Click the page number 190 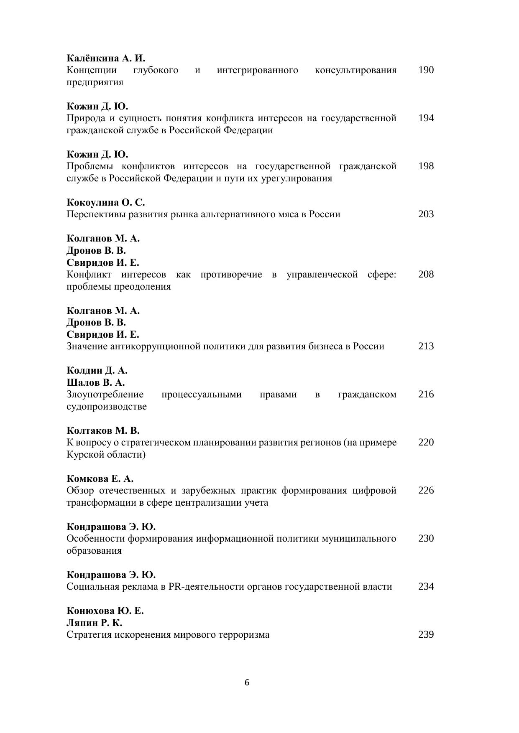[x=426, y=70]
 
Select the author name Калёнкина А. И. [x=106, y=58]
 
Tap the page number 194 [x=426, y=118]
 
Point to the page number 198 [x=426, y=166]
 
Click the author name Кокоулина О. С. [x=106, y=202]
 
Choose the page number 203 [x=426, y=214]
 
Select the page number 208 [x=426, y=274]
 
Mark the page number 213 [x=426, y=346]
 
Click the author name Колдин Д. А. [x=97, y=370]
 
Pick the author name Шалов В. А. [x=96, y=382]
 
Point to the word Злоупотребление [x=105, y=394]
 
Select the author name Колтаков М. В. [x=103, y=430]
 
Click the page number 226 [x=426, y=490]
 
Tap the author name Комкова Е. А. [x=100, y=478]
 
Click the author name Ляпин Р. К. [x=94, y=623]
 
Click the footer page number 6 [x=247, y=683]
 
